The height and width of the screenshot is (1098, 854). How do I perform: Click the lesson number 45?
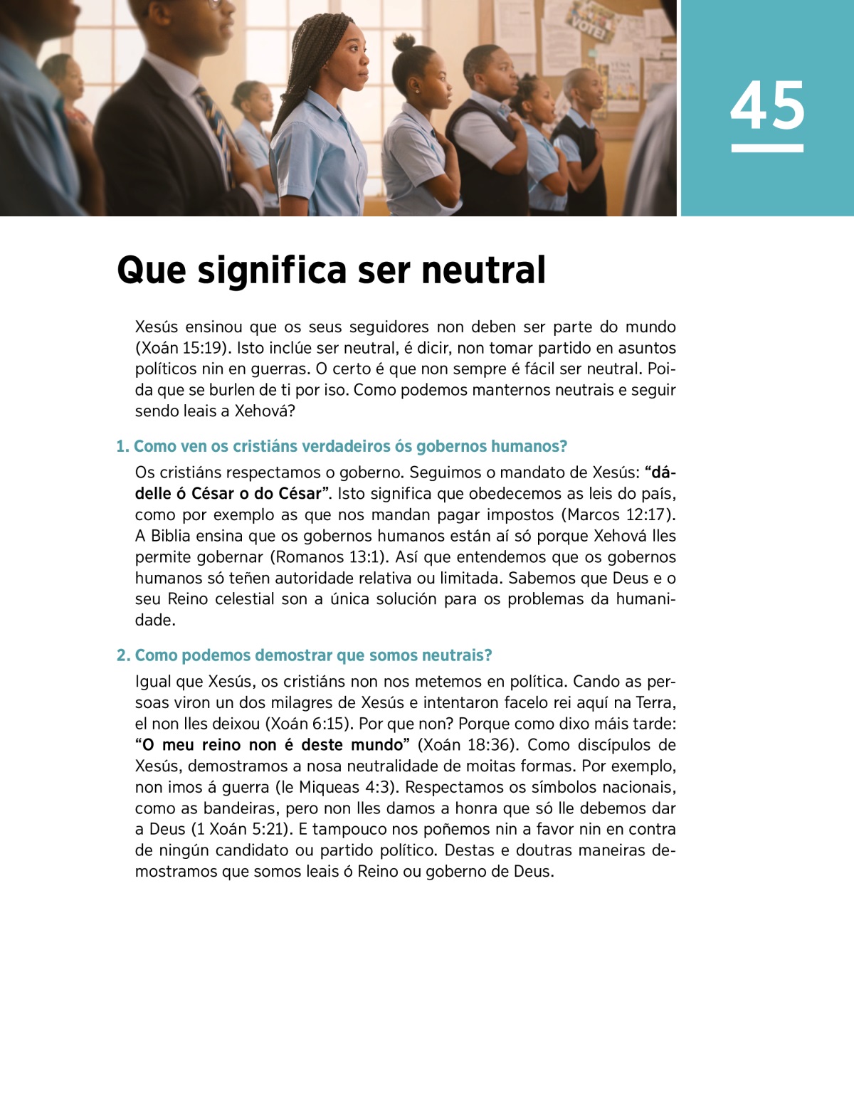767,106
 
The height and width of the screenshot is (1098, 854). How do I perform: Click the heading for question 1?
342,446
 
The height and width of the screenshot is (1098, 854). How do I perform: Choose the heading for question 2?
305,655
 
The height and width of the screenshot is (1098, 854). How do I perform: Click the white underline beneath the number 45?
767,148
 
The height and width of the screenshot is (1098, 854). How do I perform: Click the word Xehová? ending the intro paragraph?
265,411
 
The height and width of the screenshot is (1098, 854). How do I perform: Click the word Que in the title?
151,270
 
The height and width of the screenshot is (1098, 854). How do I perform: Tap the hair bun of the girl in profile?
404,42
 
